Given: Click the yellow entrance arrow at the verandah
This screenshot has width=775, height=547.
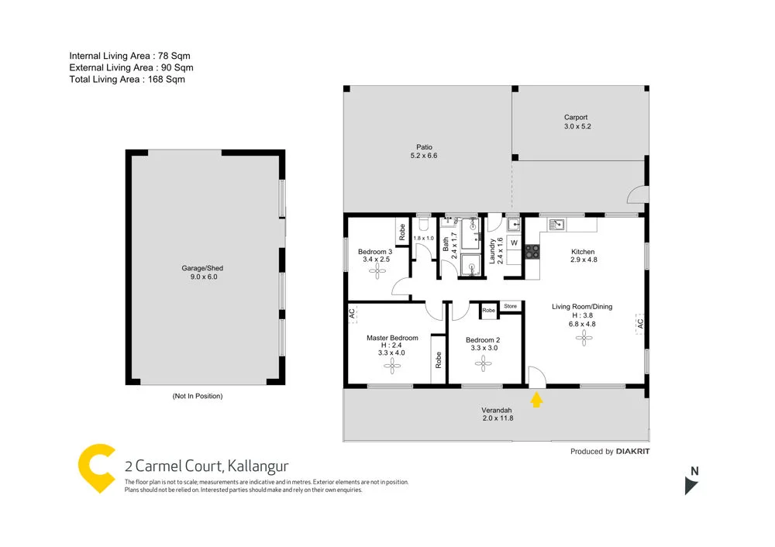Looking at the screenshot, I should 536,400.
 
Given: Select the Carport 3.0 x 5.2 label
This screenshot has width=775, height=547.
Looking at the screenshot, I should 577,122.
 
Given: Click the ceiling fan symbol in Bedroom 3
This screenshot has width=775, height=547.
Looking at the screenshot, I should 377,272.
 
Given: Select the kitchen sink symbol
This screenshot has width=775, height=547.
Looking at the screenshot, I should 556,225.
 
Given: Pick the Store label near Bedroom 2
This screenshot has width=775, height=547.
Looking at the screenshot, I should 510,307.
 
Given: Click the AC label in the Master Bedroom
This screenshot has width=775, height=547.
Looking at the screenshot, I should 352,314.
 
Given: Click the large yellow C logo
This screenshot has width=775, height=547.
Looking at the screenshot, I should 98,468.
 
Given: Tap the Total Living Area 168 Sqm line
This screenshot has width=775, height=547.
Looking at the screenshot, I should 127,79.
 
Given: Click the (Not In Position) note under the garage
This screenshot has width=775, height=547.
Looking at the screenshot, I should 197,396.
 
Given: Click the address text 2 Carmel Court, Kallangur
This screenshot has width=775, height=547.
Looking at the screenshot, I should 206,466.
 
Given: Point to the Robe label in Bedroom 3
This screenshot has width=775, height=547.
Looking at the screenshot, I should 402,230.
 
